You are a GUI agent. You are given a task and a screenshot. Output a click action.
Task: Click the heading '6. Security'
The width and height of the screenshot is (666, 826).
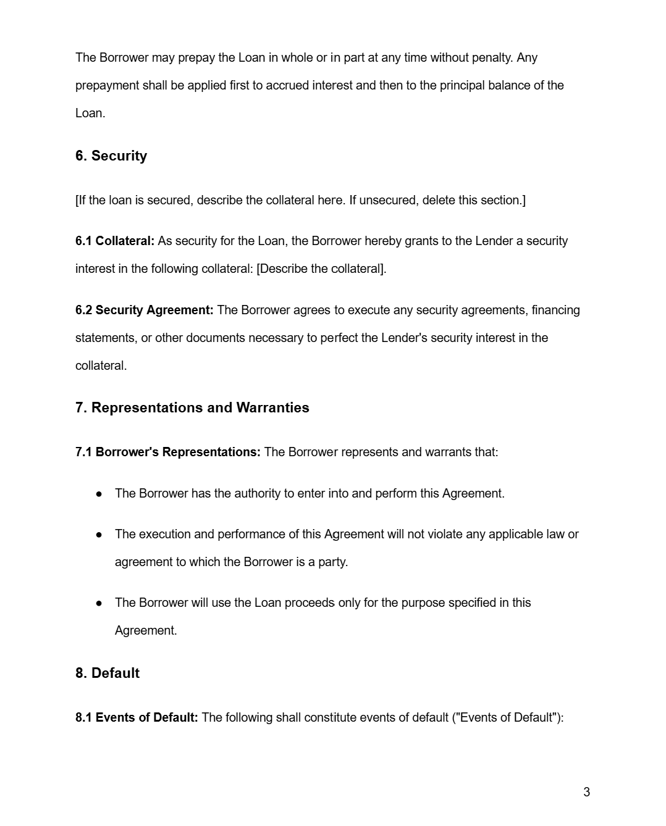(111, 156)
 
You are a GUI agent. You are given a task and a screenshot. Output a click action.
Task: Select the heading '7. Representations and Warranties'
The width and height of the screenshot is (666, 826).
(192, 408)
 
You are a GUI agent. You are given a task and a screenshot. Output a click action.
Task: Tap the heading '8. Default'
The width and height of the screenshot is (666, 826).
(107, 673)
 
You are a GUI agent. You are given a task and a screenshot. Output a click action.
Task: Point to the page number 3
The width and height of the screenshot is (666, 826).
(586, 792)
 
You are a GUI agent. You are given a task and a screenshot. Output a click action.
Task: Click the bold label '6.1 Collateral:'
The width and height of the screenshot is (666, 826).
(115, 241)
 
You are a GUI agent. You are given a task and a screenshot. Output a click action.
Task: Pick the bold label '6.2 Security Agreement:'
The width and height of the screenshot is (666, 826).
(144, 311)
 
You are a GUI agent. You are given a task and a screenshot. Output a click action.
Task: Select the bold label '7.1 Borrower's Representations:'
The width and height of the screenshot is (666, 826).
(167, 453)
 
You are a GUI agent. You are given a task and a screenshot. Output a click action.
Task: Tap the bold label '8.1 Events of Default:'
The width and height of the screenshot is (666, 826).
(137, 718)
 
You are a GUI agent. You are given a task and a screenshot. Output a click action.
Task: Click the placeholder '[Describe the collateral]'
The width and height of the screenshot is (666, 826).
(321, 269)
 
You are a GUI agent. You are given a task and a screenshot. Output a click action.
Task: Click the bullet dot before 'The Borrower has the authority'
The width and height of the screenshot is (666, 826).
(99, 494)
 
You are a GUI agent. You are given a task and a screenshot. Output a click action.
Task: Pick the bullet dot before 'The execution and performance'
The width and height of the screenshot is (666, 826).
(99, 535)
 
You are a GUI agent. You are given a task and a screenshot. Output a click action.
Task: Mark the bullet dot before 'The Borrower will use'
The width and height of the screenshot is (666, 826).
(99, 603)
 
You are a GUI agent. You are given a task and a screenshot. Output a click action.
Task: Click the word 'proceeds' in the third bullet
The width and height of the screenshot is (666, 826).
(309, 603)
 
